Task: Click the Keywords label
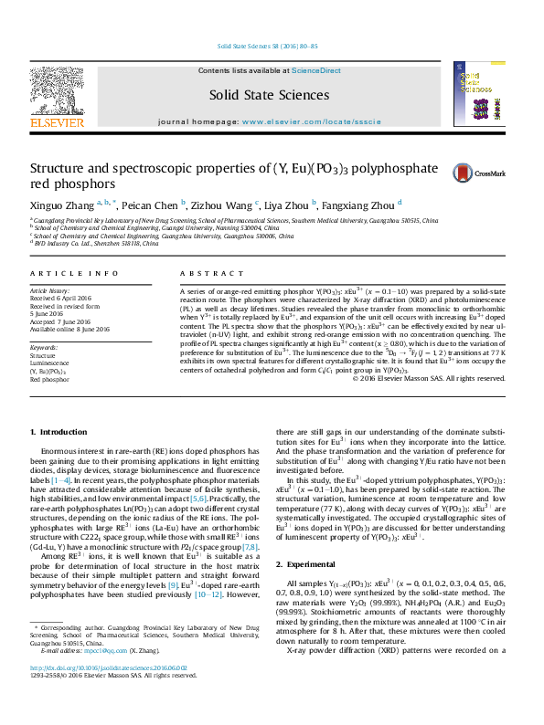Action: [x=45, y=348]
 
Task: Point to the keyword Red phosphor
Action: [x=49, y=380]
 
